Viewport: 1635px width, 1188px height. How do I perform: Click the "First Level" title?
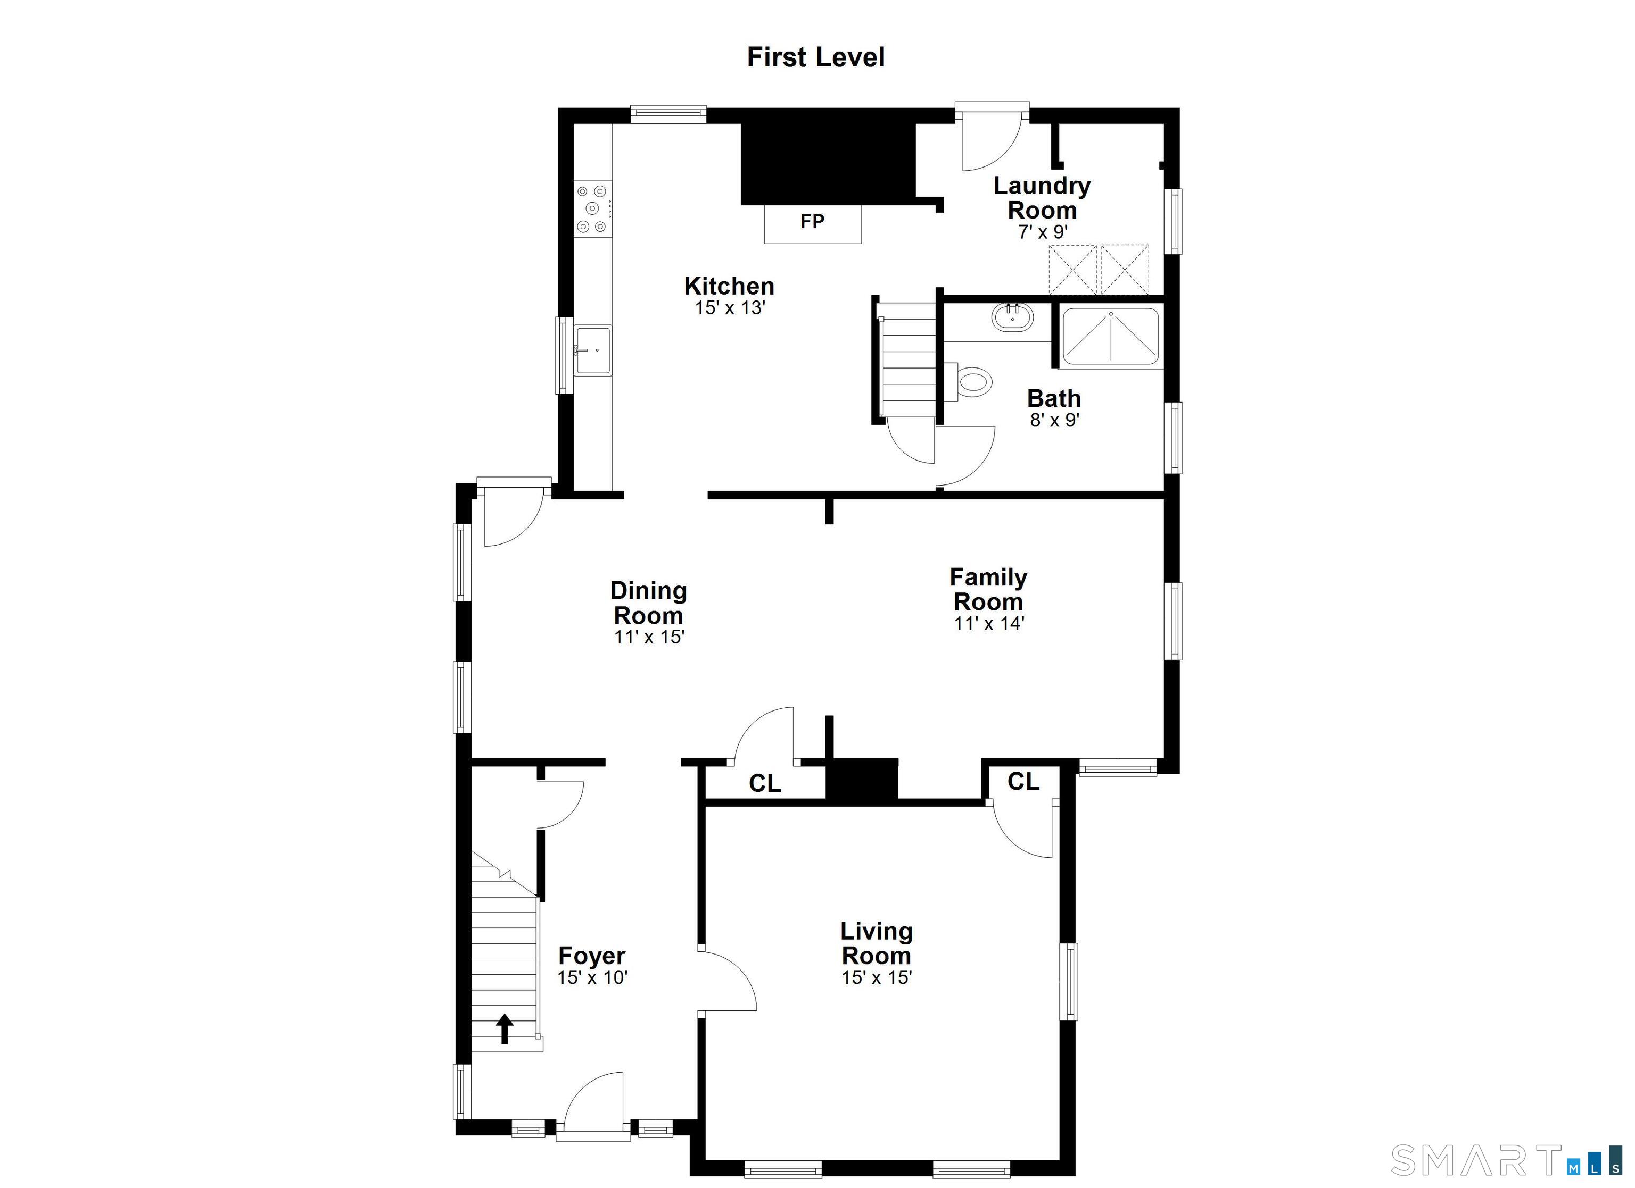click(815, 57)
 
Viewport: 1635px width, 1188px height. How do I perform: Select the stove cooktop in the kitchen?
click(592, 209)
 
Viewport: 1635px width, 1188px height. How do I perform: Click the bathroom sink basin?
click(1012, 317)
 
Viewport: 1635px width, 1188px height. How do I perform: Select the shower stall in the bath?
click(1111, 337)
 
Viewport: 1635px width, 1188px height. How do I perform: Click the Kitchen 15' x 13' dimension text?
click(730, 308)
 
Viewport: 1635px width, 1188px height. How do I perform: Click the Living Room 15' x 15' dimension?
click(877, 977)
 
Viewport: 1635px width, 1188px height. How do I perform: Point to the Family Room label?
click(988, 589)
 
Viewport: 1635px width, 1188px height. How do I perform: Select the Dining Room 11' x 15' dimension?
click(649, 637)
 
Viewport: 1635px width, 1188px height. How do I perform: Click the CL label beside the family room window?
click(1023, 781)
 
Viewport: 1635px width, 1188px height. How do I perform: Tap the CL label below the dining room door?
click(764, 783)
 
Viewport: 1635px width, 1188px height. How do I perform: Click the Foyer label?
click(592, 956)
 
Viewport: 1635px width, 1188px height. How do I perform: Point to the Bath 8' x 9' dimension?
click(1054, 420)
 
